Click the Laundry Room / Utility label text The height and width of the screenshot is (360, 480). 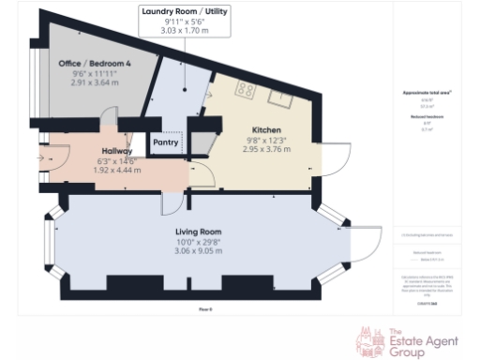click(x=184, y=11)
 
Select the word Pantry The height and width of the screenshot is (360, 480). click(x=168, y=143)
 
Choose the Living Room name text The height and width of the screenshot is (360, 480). click(x=197, y=232)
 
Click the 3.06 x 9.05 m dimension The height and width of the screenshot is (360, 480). click(x=197, y=250)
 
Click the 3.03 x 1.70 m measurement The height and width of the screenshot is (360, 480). click(x=184, y=31)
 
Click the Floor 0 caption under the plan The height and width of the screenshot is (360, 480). click(x=205, y=307)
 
